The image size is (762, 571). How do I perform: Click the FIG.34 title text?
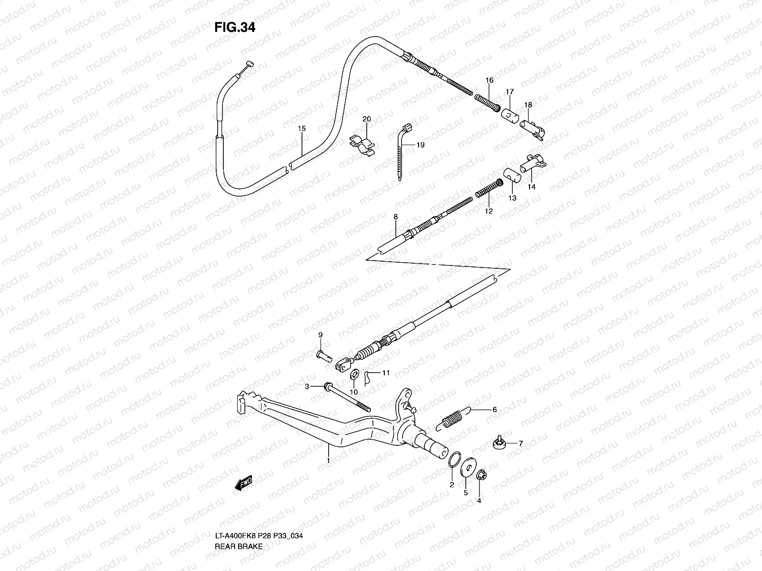234,28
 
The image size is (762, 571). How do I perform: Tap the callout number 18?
528,105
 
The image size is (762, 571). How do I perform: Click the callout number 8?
395,217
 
